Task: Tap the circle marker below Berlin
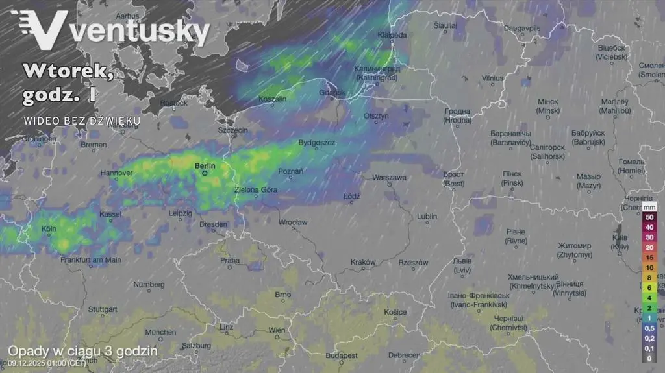tap(204, 173)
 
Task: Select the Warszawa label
tap(389, 177)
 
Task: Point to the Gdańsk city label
tap(332, 93)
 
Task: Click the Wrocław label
tap(292, 223)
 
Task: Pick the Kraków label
tap(363, 262)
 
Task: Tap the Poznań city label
tap(290, 171)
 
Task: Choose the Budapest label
tap(342, 355)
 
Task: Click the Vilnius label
tap(492, 78)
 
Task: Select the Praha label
tap(230, 260)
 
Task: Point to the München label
tap(160, 332)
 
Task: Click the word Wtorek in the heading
tap(68, 71)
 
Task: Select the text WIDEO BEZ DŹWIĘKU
tap(82, 121)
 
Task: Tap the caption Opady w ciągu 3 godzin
tap(82, 350)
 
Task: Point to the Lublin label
tap(427, 216)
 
